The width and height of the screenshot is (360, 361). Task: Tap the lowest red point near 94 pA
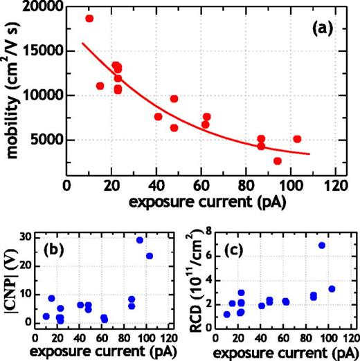(x=278, y=161)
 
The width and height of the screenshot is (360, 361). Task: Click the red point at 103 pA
(x=297, y=139)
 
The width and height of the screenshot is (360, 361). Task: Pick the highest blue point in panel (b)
(x=140, y=240)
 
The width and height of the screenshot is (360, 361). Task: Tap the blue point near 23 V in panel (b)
(x=150, y=256)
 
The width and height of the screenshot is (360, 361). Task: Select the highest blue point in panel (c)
(x=321, y=246)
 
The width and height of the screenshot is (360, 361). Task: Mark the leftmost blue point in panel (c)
(x=226, y=314)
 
